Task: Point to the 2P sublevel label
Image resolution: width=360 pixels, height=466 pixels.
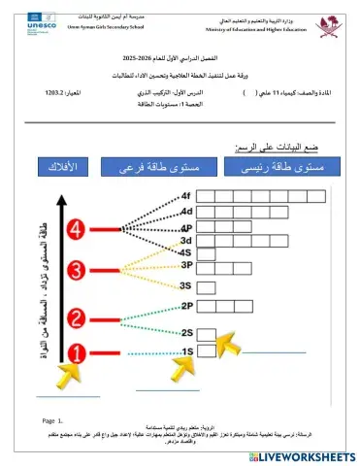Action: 187,307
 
